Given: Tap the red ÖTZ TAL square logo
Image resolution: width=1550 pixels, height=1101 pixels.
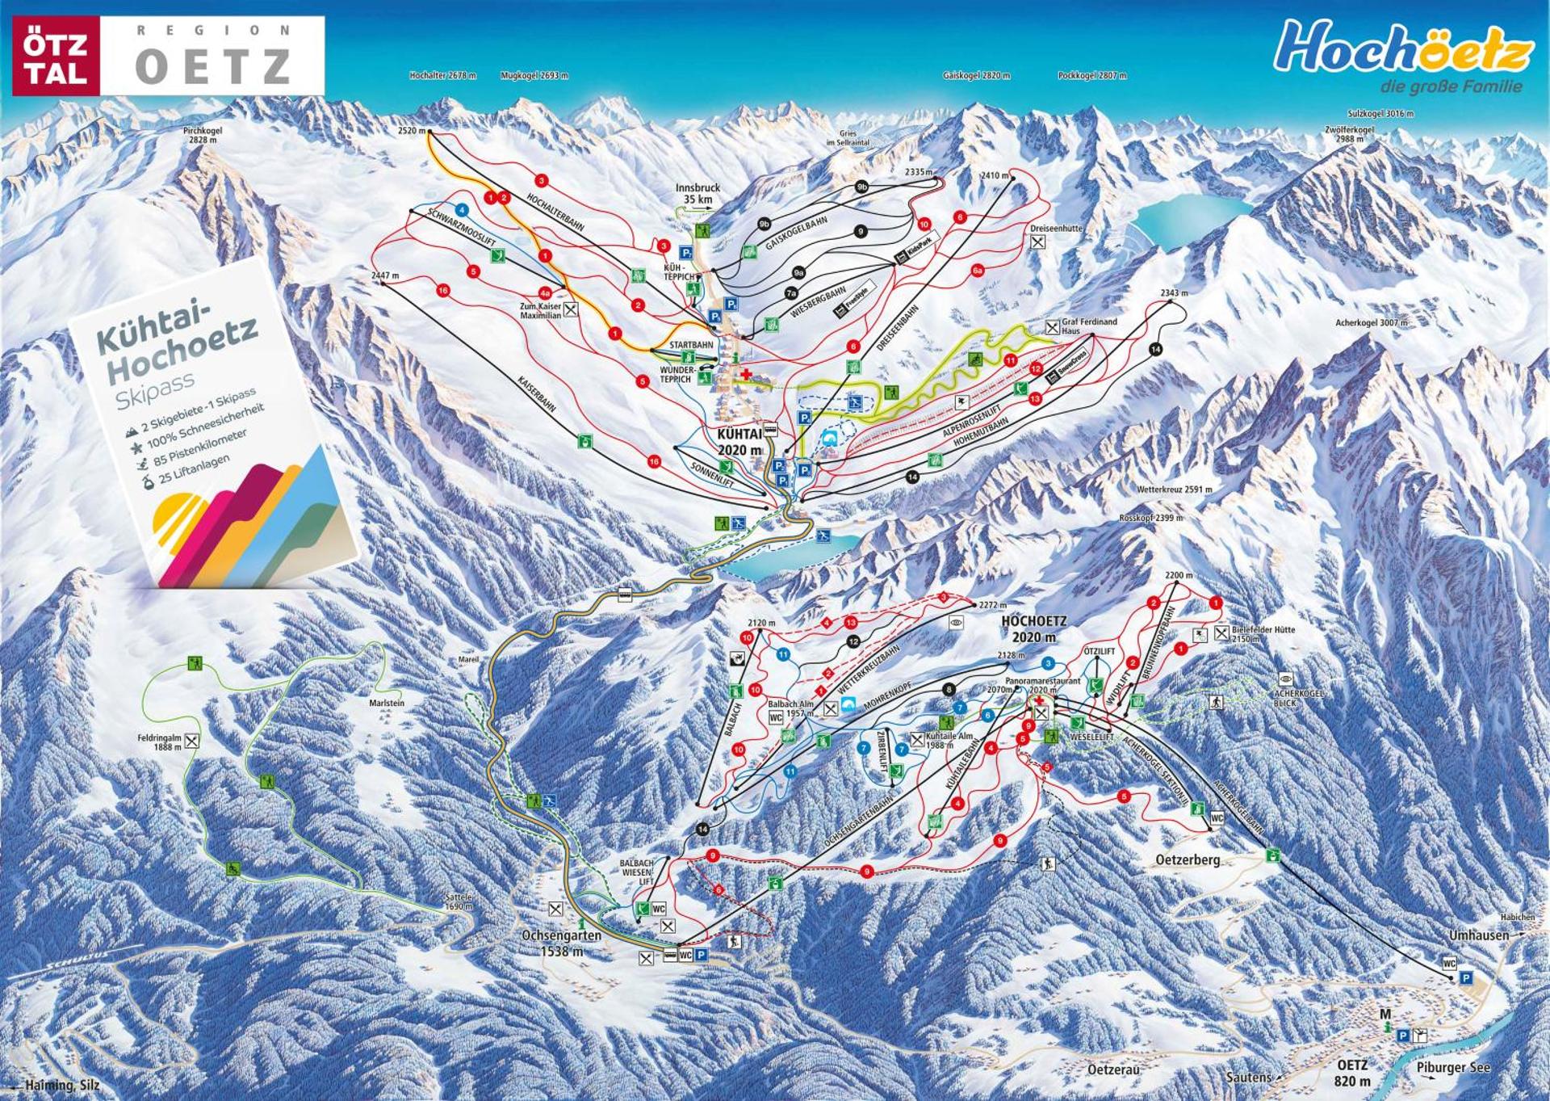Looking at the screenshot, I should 56,55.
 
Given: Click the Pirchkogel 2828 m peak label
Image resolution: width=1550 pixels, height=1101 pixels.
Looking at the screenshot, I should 203,135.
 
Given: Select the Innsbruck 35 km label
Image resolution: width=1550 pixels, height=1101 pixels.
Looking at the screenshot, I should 697,194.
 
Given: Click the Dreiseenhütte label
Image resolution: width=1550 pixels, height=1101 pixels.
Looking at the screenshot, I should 1056,229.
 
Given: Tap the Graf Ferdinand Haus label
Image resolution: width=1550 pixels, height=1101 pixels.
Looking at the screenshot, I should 1089,326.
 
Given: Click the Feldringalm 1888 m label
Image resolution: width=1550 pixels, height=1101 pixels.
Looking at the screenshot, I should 160,742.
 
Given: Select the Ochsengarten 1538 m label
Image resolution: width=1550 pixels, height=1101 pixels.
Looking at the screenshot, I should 561,943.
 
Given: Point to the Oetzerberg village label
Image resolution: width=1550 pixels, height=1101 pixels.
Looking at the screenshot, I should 1188,860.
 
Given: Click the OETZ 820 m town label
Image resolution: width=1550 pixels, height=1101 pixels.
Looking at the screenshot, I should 1353,1073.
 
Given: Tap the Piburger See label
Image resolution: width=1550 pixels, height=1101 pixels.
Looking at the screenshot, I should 1453,1068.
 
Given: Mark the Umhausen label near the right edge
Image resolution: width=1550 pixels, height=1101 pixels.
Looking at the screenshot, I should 1478,935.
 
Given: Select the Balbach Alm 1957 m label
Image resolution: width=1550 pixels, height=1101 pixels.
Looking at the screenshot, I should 788,708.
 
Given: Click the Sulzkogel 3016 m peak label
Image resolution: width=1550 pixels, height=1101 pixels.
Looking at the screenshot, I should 1380,115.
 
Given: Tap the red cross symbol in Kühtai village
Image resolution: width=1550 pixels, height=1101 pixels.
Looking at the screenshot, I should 746,372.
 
